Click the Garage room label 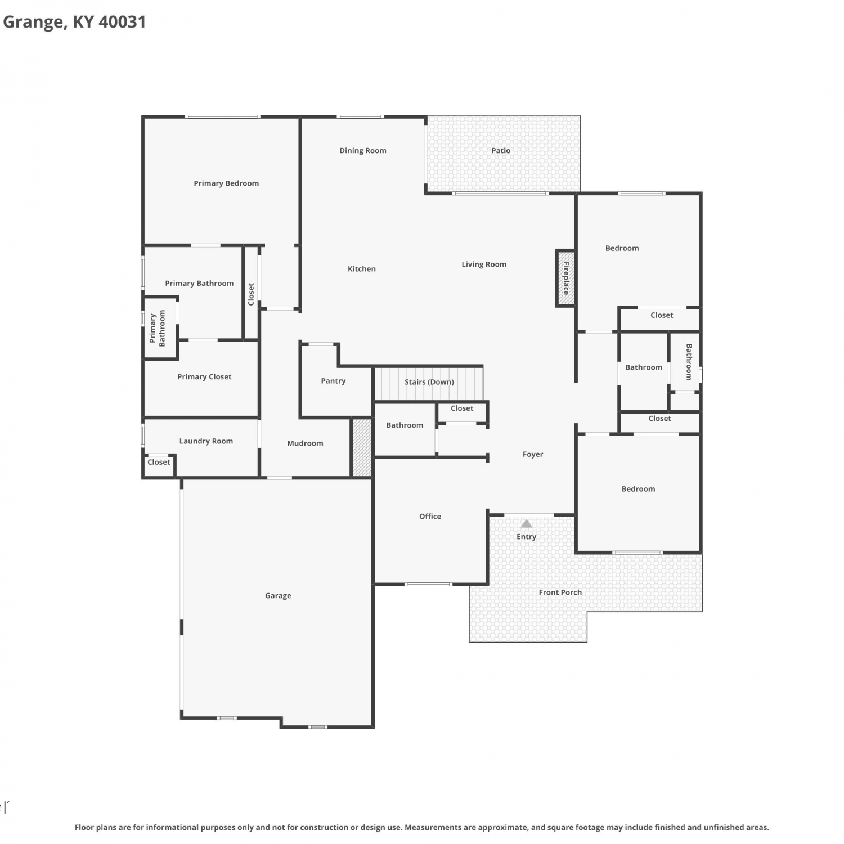point(278,596)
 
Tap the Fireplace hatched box point(566,279)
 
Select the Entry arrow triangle point(526,523)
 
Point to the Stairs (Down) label point(429,382)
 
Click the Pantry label point(333,381)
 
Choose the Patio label point(501,150)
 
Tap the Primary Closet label point(204,377)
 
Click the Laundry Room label point(206,441)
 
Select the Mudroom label point(305,443)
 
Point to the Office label point(430,517)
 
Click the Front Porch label point(560,592)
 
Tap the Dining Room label point(363,151)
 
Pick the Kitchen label point(362,269)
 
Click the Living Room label point(484,264)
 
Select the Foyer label point(533,455)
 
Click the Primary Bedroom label point(226,183)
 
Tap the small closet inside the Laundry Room point(159,465)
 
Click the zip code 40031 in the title point(122,22)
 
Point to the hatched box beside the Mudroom point(362,447)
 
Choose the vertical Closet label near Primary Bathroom point(251,294)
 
